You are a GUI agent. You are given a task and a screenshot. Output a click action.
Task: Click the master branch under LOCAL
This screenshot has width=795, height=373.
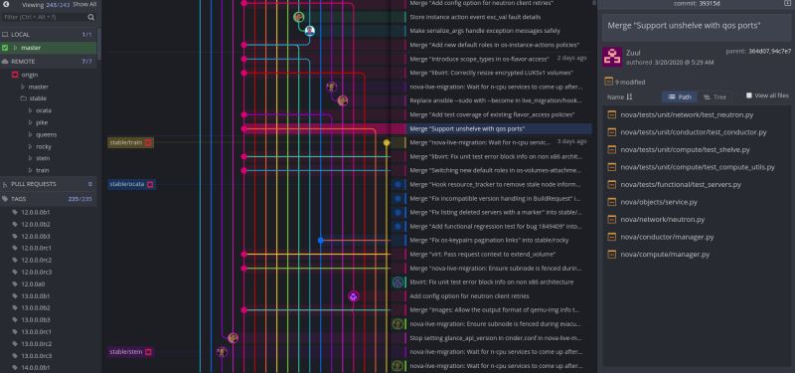(x=31, y=48)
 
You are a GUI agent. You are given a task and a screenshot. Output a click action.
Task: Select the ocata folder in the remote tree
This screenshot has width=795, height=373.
(x=44, y=109)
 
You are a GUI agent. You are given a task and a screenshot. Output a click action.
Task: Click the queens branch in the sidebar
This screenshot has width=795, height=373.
(x=46, y=134)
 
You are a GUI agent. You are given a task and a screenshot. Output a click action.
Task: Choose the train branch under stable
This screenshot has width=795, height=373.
(x=43, y=170)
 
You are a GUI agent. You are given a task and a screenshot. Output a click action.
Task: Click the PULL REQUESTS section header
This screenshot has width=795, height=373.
(x=37, y=184)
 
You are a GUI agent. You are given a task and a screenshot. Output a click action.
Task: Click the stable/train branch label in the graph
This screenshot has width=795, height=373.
(x=126, y=143)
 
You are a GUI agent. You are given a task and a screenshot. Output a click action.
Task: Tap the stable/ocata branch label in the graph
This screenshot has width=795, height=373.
(x=128, y=184)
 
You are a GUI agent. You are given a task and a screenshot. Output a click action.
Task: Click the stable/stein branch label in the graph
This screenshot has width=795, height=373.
(x=127, y=352)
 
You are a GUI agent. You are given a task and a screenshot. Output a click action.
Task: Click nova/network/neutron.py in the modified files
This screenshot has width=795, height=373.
(x=661, y=219)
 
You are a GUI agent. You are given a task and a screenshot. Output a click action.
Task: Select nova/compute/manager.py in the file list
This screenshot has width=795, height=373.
(x=664, y=254)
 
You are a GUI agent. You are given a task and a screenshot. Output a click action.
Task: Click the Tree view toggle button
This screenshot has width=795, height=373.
(x=714, y=96)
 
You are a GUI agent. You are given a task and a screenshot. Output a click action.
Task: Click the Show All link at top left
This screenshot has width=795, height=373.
(x=85, y=5)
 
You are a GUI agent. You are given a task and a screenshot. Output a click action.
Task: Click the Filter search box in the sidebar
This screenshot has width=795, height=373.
(x=50, y=17)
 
